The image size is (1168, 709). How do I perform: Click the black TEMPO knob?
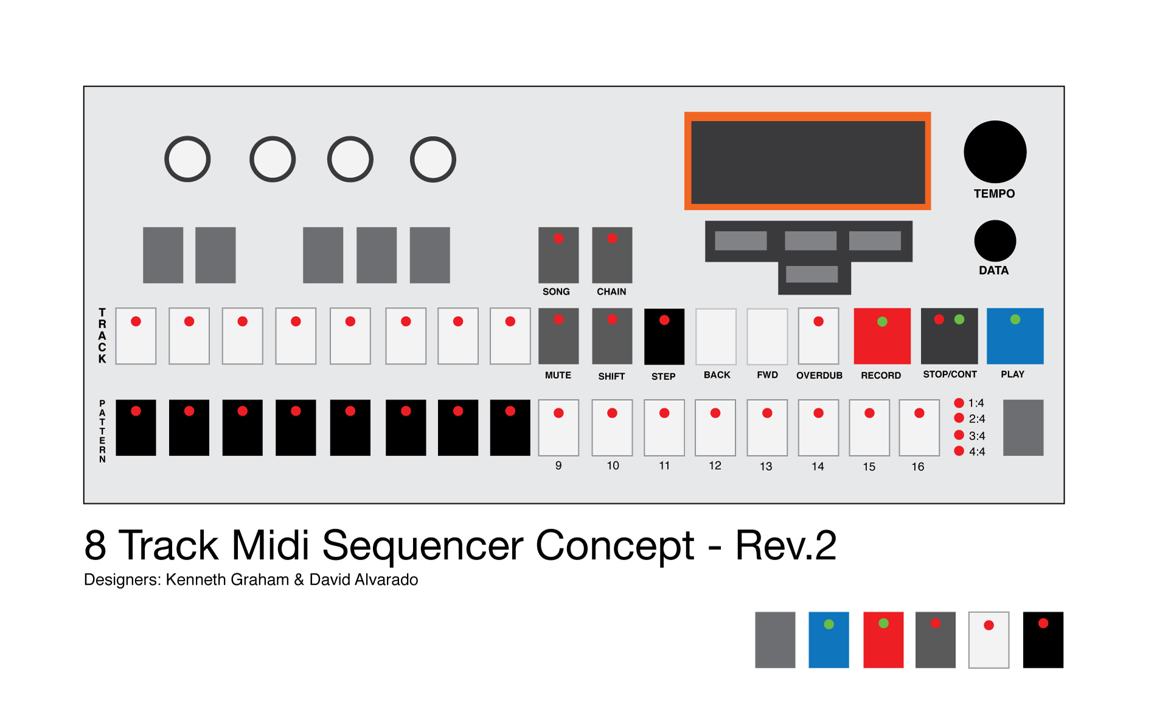tap(995, 151)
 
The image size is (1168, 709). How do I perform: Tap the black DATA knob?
tap(995, 241)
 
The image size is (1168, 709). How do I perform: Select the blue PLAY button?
tap(1015, 336)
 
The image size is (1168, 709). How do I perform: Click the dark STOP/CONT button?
tap(949, 336)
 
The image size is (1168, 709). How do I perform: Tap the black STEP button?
tap(664, 337)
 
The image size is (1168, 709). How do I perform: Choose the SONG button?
tap(558, 255)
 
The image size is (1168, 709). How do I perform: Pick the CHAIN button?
tap(612, 255)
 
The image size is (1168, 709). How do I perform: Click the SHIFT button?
tap(612, 336)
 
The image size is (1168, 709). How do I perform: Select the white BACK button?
tap(716, 336)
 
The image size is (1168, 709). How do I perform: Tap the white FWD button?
tap(767, 336)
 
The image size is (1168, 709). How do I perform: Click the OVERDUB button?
tap(818, 336)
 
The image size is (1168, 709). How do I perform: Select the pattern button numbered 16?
tap(919, 427)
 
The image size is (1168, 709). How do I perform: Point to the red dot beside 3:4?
tap(959, 435)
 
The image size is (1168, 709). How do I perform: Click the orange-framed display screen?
tap(807, 162)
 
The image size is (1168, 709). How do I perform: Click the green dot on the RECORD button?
tap(882, 322)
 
